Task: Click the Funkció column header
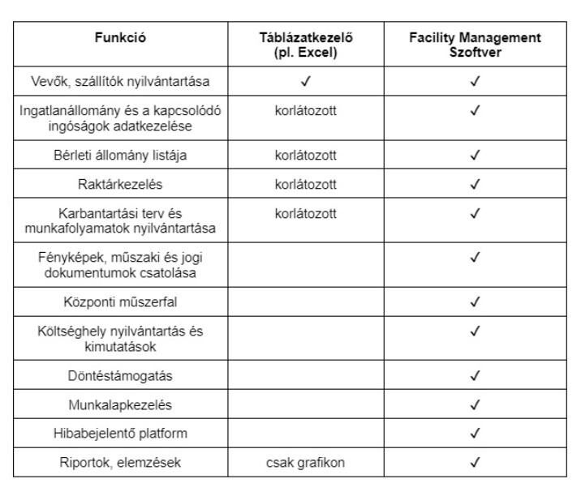(x=120, y=38)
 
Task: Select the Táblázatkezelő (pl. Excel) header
(x=306, y=45)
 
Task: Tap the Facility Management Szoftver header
(x=475, y=45)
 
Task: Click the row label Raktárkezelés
(x=120, y=184)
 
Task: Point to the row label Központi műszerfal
(x=120, y=301)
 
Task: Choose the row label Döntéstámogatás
(x=120, y=375)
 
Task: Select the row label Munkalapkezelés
(x=120, y=404)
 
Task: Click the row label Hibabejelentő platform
(x=120, y=434)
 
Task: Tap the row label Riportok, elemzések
(x=120, y=463)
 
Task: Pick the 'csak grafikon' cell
(x=306, y=463)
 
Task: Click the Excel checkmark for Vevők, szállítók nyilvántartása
(x=306, y=81)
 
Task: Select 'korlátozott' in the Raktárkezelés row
(x=306, y=184)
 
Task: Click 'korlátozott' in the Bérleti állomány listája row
(x=306, y=155)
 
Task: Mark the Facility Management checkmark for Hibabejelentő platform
(x=476, y=434)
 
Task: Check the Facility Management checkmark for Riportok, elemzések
(x=476, y=463)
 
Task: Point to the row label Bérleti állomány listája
(x=120, y=155)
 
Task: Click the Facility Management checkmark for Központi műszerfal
(x=476, y=301)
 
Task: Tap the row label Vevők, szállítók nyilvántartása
(x=120, y=81)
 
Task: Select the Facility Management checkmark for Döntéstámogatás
(x=476, y=375)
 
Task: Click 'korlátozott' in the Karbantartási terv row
(x=306, y=213)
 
